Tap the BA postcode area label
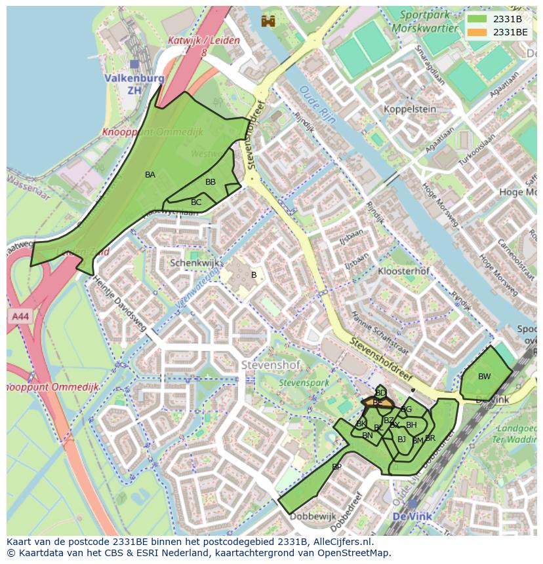pos(150,175)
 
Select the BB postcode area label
pos(211,182)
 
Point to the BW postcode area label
pos(484,377)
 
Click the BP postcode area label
pos(336,467)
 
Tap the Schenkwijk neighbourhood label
pos(192,263)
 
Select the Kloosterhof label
pos(404,271)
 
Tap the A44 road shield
pos(20,316)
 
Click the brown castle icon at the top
pos(268,21)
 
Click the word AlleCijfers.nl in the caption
pos(341,542)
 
